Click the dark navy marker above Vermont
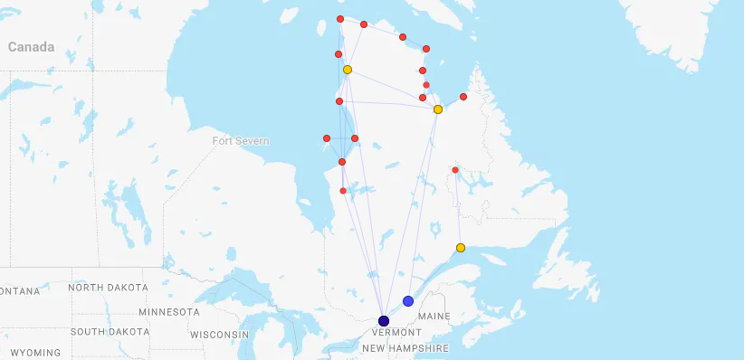[x=384, y=321]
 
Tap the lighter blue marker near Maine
[x=408, y=301]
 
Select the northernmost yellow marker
[x=348, y=70]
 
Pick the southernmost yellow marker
[x=461, y=248]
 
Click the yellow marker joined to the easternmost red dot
[x=438, y=109]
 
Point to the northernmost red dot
[x=340, y=19]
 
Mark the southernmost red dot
[x=343, y=191]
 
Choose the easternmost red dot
[x=463, y=97]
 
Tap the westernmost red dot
[x=327, y=138]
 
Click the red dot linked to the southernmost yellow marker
[x=455, y=170]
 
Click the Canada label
[x=31, y=47]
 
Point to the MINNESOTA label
[x=169, y=312]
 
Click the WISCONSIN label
[x=219, y=335]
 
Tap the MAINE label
[x=434, y=316]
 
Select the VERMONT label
[x=392, y=333]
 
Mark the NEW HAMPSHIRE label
[x=405, y=348]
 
